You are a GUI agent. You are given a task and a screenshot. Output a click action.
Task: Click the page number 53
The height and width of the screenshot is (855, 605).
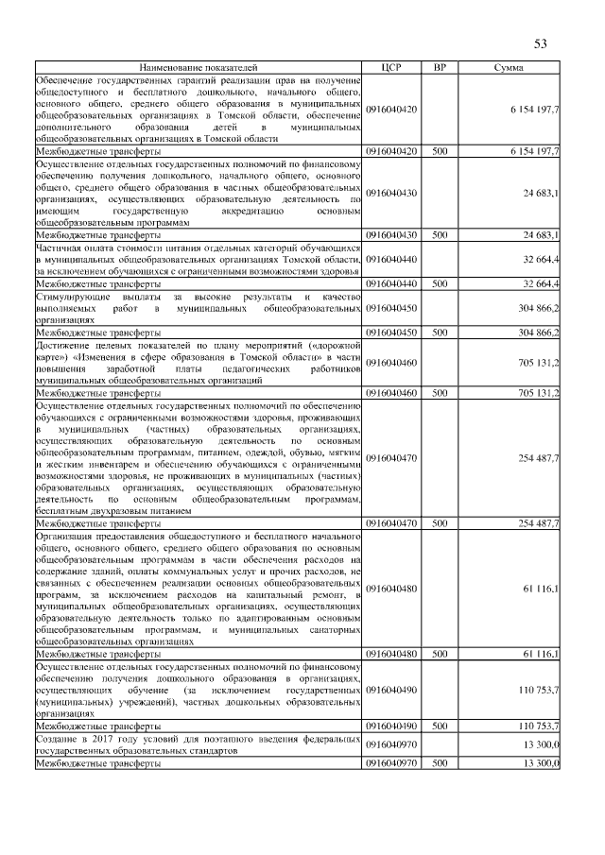pyautogui.click(x=541, y=43)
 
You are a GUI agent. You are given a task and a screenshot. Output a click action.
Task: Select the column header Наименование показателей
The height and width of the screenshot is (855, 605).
pyautogui.click(x=199, y=69)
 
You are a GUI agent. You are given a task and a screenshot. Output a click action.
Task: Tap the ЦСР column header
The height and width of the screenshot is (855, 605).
pyautogui.click(x=391, y=69)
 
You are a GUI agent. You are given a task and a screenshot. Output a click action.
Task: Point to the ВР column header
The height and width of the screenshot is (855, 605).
pyautogui.click(x=440, y=69)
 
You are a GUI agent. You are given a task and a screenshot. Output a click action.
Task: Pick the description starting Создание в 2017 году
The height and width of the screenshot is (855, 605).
pyautogui.click(x=199, y=744)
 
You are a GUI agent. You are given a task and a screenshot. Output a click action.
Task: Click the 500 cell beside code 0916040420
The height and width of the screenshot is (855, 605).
pyautogui.click(x=440, y=151)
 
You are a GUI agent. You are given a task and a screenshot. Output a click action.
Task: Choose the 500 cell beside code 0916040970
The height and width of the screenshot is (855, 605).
pyautogui.click(x=440, y=762)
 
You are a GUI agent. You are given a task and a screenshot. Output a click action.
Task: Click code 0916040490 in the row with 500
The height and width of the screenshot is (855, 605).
pyautogui.click(x=391, y=727)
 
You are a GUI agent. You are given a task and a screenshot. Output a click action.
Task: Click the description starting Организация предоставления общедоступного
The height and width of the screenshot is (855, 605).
pyautogui.click(x=199, y=588)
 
